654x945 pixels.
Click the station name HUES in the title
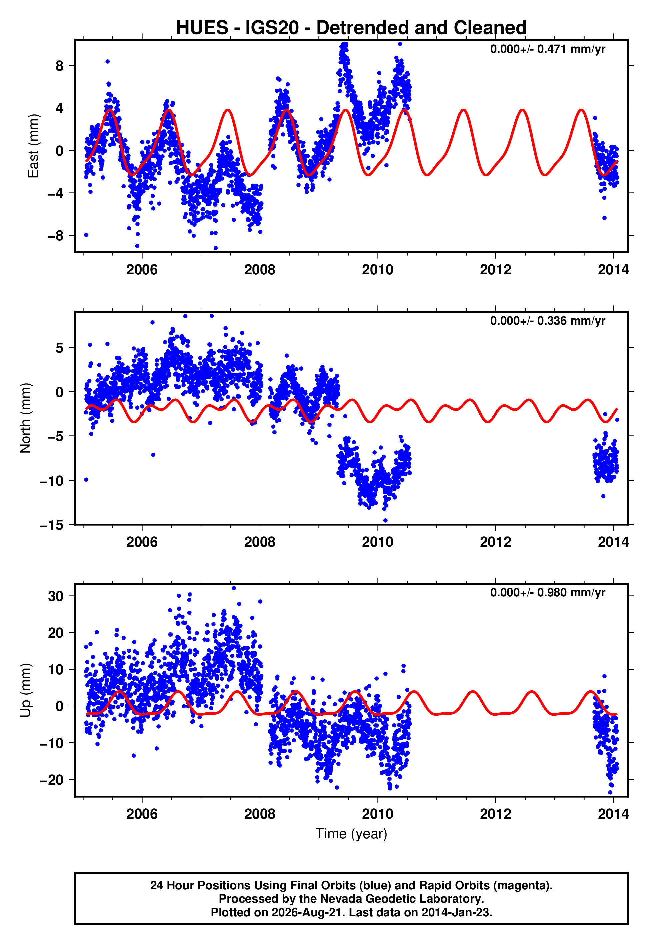coord(202,28)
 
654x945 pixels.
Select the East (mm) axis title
coord(33,146)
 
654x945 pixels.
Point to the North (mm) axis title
coord(25,418)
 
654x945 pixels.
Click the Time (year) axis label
coord(351,834)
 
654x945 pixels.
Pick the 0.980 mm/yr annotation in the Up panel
coord(571,593)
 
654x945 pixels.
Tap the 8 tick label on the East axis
coord(60,66)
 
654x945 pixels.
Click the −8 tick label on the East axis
coord(56,236)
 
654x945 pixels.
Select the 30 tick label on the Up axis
coord(56,596)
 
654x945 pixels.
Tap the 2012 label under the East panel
coord(495,270)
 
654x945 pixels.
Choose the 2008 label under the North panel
coord(260,542)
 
